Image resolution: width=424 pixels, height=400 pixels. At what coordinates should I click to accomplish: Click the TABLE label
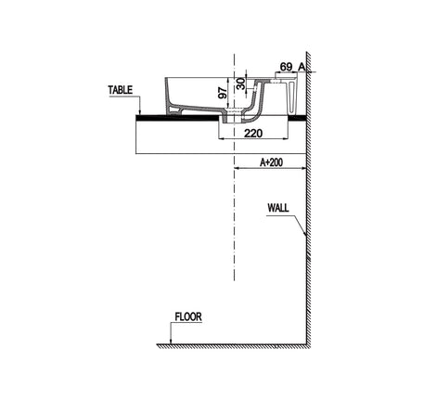[x=121, y=90]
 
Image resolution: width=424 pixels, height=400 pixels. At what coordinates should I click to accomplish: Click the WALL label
[x=278, y=208]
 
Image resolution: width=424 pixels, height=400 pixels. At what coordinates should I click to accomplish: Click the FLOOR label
[x=188, y=316]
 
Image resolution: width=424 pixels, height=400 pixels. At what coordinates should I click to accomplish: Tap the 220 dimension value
[x=253, y=134]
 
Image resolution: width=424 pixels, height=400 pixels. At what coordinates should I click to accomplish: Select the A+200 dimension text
[x=271, y=162]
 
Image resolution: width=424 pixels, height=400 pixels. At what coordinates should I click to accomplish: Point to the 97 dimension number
[x=223, y=93]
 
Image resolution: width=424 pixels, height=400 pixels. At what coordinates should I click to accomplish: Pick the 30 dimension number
[x=240, y=84]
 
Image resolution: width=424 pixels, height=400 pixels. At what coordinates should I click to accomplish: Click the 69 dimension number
[x=286, y=67]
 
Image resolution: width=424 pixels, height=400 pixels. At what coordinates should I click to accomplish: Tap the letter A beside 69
[x=302, y=66]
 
